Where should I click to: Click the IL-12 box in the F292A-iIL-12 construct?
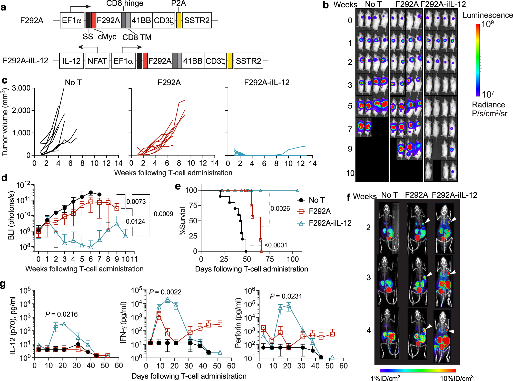[x=72, y=61]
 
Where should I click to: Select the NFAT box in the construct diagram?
[x=97, y=61]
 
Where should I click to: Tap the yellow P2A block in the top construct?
[x=179, y=20]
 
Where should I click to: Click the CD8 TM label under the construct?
[x=137, y=37]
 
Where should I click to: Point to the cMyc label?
[x=107, y=37]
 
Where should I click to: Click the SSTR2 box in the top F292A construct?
[x=197, y=20]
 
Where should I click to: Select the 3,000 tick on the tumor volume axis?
[x=21, y=88]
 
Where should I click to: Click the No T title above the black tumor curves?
[x=73, y=83]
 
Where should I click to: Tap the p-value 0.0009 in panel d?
[x=163, y=214]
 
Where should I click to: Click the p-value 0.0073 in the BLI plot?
[x=136, y=202]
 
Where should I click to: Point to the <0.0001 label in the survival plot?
[x=276, y=245]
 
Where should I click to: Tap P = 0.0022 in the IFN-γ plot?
[x=165, y=292]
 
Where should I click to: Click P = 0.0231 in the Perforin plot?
[x=286, y=296]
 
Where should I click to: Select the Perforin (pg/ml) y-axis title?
[x=238, y=323]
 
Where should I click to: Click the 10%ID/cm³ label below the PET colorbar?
[x=457, y=378]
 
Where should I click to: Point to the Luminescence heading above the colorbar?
[x=487, y=15]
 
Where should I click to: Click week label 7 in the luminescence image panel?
[x=350, y=129]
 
